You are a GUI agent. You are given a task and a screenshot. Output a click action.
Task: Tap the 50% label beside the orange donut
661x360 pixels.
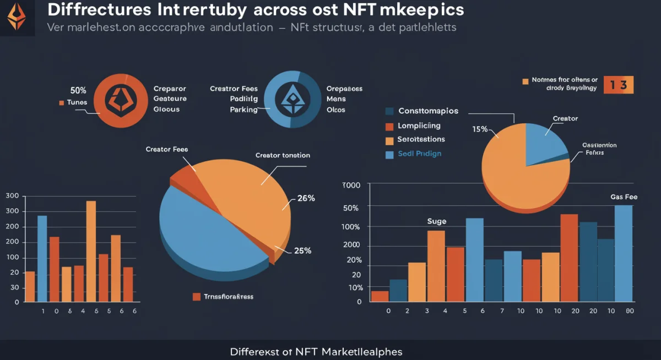coord(78,90)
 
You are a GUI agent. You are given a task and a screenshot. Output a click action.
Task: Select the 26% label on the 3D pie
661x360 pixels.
coord(306,199)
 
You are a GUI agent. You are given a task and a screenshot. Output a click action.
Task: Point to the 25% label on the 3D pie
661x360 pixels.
coord(302,250)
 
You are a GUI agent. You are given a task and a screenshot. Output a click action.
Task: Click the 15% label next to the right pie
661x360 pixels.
coord(480,129)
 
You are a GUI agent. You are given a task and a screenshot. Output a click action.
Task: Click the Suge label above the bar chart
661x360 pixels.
coord(437,221)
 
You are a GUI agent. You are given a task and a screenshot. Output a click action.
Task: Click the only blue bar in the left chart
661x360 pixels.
coord(42,259)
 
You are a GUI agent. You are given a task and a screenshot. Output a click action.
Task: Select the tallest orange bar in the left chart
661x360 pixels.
coord(91,251)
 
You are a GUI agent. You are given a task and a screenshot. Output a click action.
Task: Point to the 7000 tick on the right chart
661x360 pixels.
coord(351,186)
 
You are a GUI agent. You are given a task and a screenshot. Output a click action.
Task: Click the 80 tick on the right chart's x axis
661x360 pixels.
coord(630,311)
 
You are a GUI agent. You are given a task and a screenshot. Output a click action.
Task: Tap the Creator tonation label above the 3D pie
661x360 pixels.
coord(283,155)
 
